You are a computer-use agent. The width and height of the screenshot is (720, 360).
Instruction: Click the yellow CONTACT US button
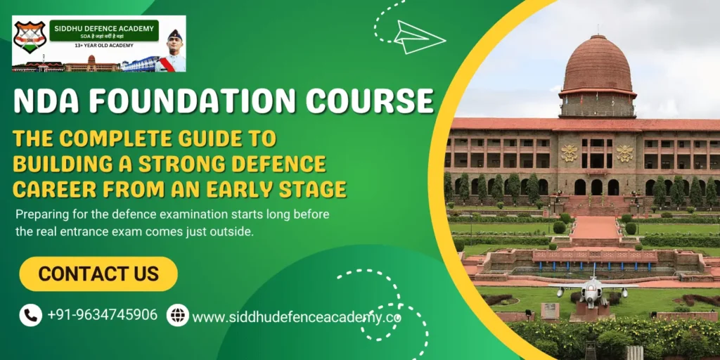(98, 274)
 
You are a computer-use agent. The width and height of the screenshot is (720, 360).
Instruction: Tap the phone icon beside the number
(31, 314)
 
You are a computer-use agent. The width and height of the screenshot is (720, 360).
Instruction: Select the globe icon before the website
(177, 315)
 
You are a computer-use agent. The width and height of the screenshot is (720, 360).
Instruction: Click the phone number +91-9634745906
(102, 314)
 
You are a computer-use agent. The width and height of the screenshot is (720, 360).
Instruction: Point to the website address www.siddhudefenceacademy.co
(296, 317)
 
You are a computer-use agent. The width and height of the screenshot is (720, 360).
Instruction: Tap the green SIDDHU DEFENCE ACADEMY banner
(103, 30)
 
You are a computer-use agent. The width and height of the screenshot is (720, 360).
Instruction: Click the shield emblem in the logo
(30, 37)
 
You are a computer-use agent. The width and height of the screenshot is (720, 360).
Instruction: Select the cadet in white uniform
(174, 53)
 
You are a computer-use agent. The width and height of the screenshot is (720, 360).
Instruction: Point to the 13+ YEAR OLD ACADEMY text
(103, 46)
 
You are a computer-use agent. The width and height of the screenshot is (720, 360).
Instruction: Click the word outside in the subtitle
(231, 232)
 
